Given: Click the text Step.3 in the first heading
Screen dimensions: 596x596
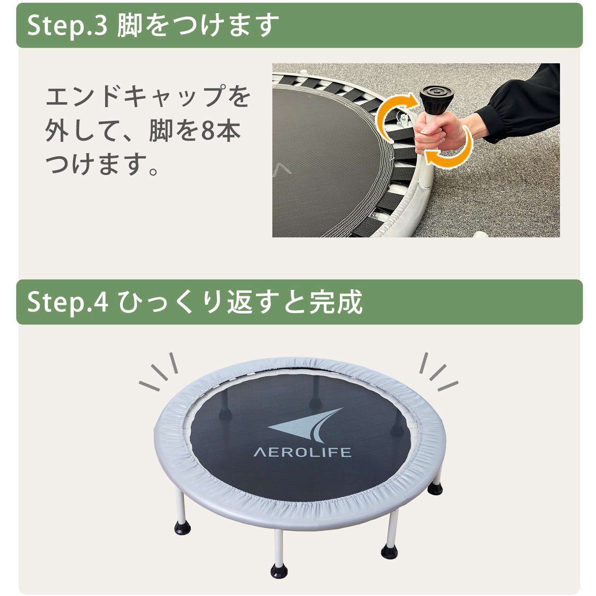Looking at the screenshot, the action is coord(67,26).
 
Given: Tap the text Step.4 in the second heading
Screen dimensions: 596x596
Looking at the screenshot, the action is coord(67,302).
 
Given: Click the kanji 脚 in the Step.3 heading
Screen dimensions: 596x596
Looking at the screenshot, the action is coord(129,25).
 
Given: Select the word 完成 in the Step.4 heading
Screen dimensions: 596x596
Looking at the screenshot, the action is coord(336,302).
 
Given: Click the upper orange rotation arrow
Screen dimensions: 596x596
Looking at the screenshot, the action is coord(393,111).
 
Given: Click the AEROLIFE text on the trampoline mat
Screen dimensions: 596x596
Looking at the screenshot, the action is coord(302,452).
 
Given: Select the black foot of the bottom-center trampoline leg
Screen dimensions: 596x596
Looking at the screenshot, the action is coord(279,571).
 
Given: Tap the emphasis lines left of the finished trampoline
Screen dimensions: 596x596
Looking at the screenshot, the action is coord(159,371).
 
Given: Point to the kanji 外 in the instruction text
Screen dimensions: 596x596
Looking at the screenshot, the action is coord(57,131).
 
